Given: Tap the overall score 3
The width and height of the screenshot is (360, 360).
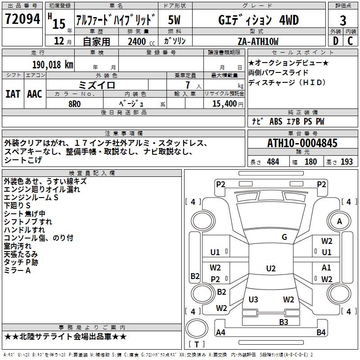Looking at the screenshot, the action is pos(343,20).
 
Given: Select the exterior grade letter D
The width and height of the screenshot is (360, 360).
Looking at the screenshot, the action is pos(335,41).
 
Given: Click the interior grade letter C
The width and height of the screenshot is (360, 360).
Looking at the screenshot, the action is pos(351,41).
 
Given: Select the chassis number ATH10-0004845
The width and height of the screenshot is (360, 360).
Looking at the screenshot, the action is pos(302,143).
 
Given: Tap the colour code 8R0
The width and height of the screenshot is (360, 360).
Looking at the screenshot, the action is pos(74,103).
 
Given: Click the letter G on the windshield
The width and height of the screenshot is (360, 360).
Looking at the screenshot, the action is pos(284,237).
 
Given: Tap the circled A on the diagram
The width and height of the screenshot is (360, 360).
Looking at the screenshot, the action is pos(340,221).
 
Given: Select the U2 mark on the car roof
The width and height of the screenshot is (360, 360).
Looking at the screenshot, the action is pos(270,269).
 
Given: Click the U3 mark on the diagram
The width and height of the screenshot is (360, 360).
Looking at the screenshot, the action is pos(253,299).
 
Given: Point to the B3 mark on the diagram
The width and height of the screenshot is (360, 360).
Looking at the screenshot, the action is pos(283,322).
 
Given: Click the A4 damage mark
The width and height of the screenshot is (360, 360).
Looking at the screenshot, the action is pos(220,333).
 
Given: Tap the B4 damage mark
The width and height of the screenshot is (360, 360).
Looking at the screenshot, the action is pos(321,333).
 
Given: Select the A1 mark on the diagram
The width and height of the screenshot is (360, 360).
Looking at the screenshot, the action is pos(327,268).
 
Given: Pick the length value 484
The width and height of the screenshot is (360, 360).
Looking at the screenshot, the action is pos(273,162).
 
